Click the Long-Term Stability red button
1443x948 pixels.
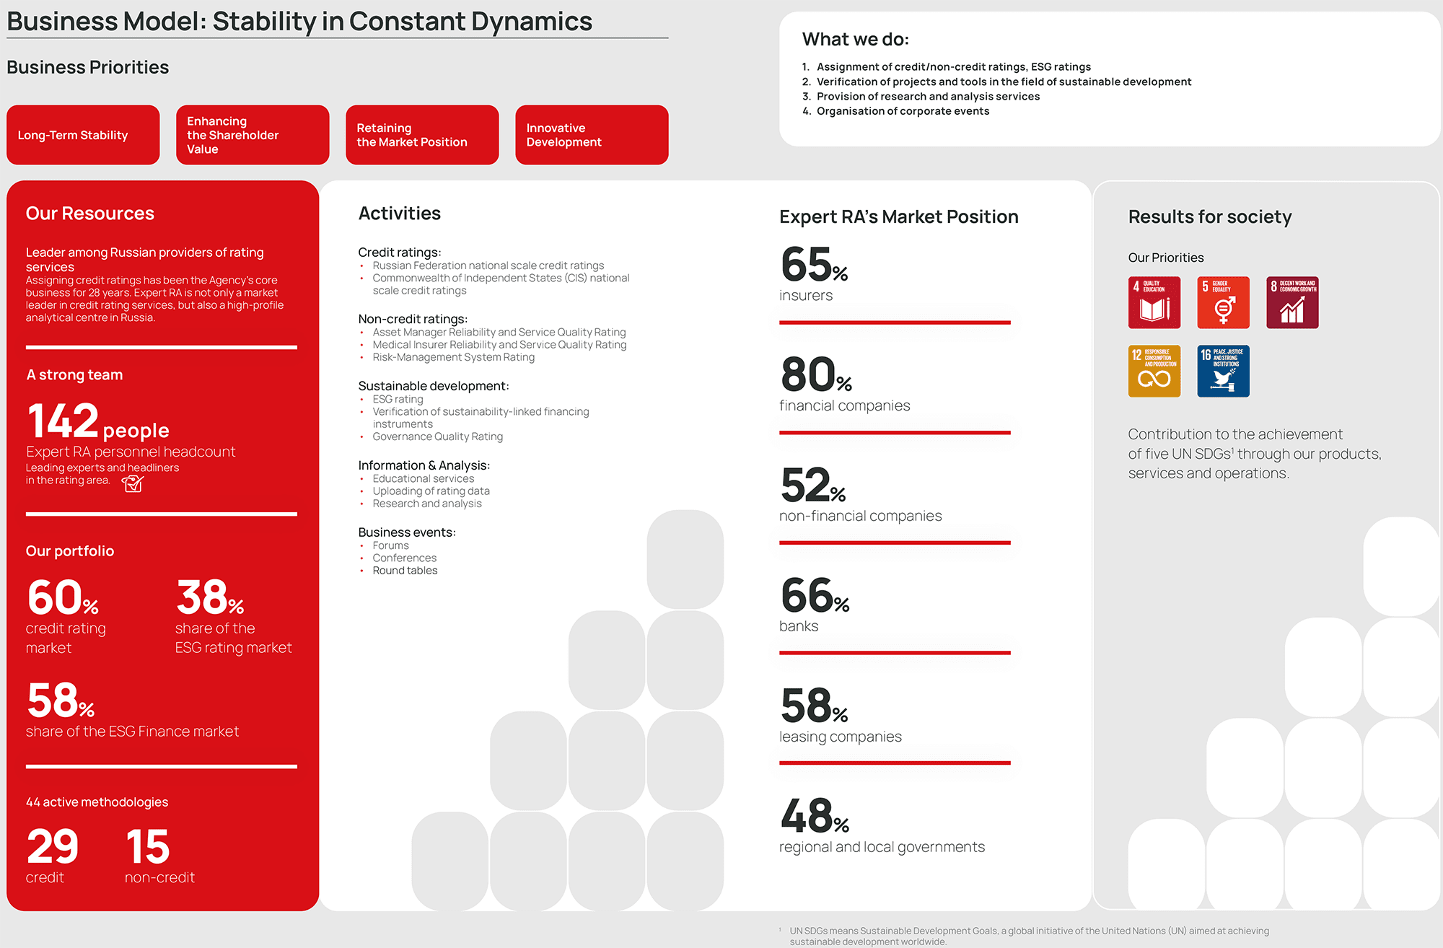[x=83, y=135]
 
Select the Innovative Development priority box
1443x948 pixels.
[x=592, y=135]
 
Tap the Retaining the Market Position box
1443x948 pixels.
[x=422, y=135]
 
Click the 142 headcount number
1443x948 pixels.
[x=63, y=421]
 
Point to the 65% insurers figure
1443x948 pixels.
[x=814, y=265]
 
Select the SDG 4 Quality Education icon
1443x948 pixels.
[x=1154, y=302]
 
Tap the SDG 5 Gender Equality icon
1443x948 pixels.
[x=1223, y=302]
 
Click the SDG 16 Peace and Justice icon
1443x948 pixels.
[x=1223, y=371]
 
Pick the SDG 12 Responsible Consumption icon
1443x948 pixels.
[x=1154, y=371]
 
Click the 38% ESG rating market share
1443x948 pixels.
[x=209, y=598]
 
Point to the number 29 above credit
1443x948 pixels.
[x=53, y=847]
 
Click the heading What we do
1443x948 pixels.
[x=856, y=40]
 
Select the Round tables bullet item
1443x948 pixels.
[x=405, y=571]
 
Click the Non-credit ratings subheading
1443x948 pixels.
[x=413, y=319]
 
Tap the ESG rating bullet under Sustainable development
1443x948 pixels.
[x=398, y=399]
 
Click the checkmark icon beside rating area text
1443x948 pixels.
[x=133, y=483]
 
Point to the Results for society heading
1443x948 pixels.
[x=1210, y=216]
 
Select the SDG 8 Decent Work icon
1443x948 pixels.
[x=1292, y=302]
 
